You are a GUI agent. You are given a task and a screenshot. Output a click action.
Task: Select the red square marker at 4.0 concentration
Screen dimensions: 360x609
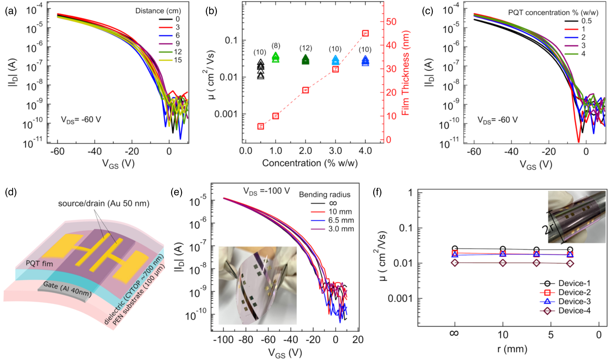point(365,33)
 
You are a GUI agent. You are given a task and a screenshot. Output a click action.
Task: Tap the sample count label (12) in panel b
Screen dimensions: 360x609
point(305,48)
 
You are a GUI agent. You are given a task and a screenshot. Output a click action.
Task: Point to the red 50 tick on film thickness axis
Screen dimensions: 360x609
point(391,22)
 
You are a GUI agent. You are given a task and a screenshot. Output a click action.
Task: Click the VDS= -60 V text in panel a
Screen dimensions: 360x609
point(81,120)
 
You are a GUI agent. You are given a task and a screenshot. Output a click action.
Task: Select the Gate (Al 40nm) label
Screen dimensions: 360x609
point(67,288)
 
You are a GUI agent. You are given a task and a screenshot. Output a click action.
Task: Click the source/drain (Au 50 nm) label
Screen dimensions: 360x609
point(104,203)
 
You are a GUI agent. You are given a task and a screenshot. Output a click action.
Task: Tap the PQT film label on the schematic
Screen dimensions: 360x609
point(39,264)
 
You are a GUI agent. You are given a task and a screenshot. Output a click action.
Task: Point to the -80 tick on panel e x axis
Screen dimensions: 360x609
point(245,340)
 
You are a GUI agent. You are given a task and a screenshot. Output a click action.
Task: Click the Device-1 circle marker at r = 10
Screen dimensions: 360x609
point(503,249)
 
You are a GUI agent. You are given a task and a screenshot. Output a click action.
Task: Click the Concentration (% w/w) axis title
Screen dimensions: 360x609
point(310,163)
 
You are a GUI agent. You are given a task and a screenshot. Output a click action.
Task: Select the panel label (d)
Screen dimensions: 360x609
point(11,192)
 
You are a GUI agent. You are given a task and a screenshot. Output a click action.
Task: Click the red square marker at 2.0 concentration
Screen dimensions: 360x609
point(305,90)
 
